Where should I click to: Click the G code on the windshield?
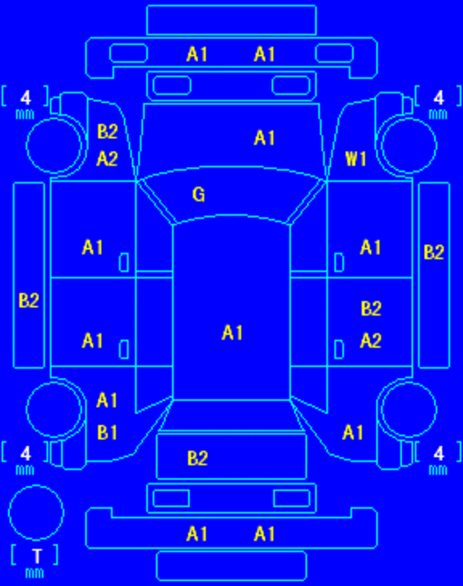point(199,194)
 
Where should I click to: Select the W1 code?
point(356,159)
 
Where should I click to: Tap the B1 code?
point(107,432)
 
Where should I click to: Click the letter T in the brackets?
point(36,556)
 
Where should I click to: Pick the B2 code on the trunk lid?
point(198,458)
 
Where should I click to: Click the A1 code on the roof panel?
point(232,333)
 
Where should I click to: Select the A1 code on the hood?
point(264,138)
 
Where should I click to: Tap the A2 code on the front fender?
point(107,159)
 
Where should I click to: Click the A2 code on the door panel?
point(370,341)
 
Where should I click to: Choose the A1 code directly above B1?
point(107,401)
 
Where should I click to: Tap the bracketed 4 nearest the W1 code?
point(438,98)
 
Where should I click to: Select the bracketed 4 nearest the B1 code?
point(25,453)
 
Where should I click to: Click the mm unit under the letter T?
point(34,573)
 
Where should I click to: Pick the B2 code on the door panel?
point(371,309)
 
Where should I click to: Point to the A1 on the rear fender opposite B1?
point(353,432)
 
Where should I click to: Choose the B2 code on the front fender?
point(107,132)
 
